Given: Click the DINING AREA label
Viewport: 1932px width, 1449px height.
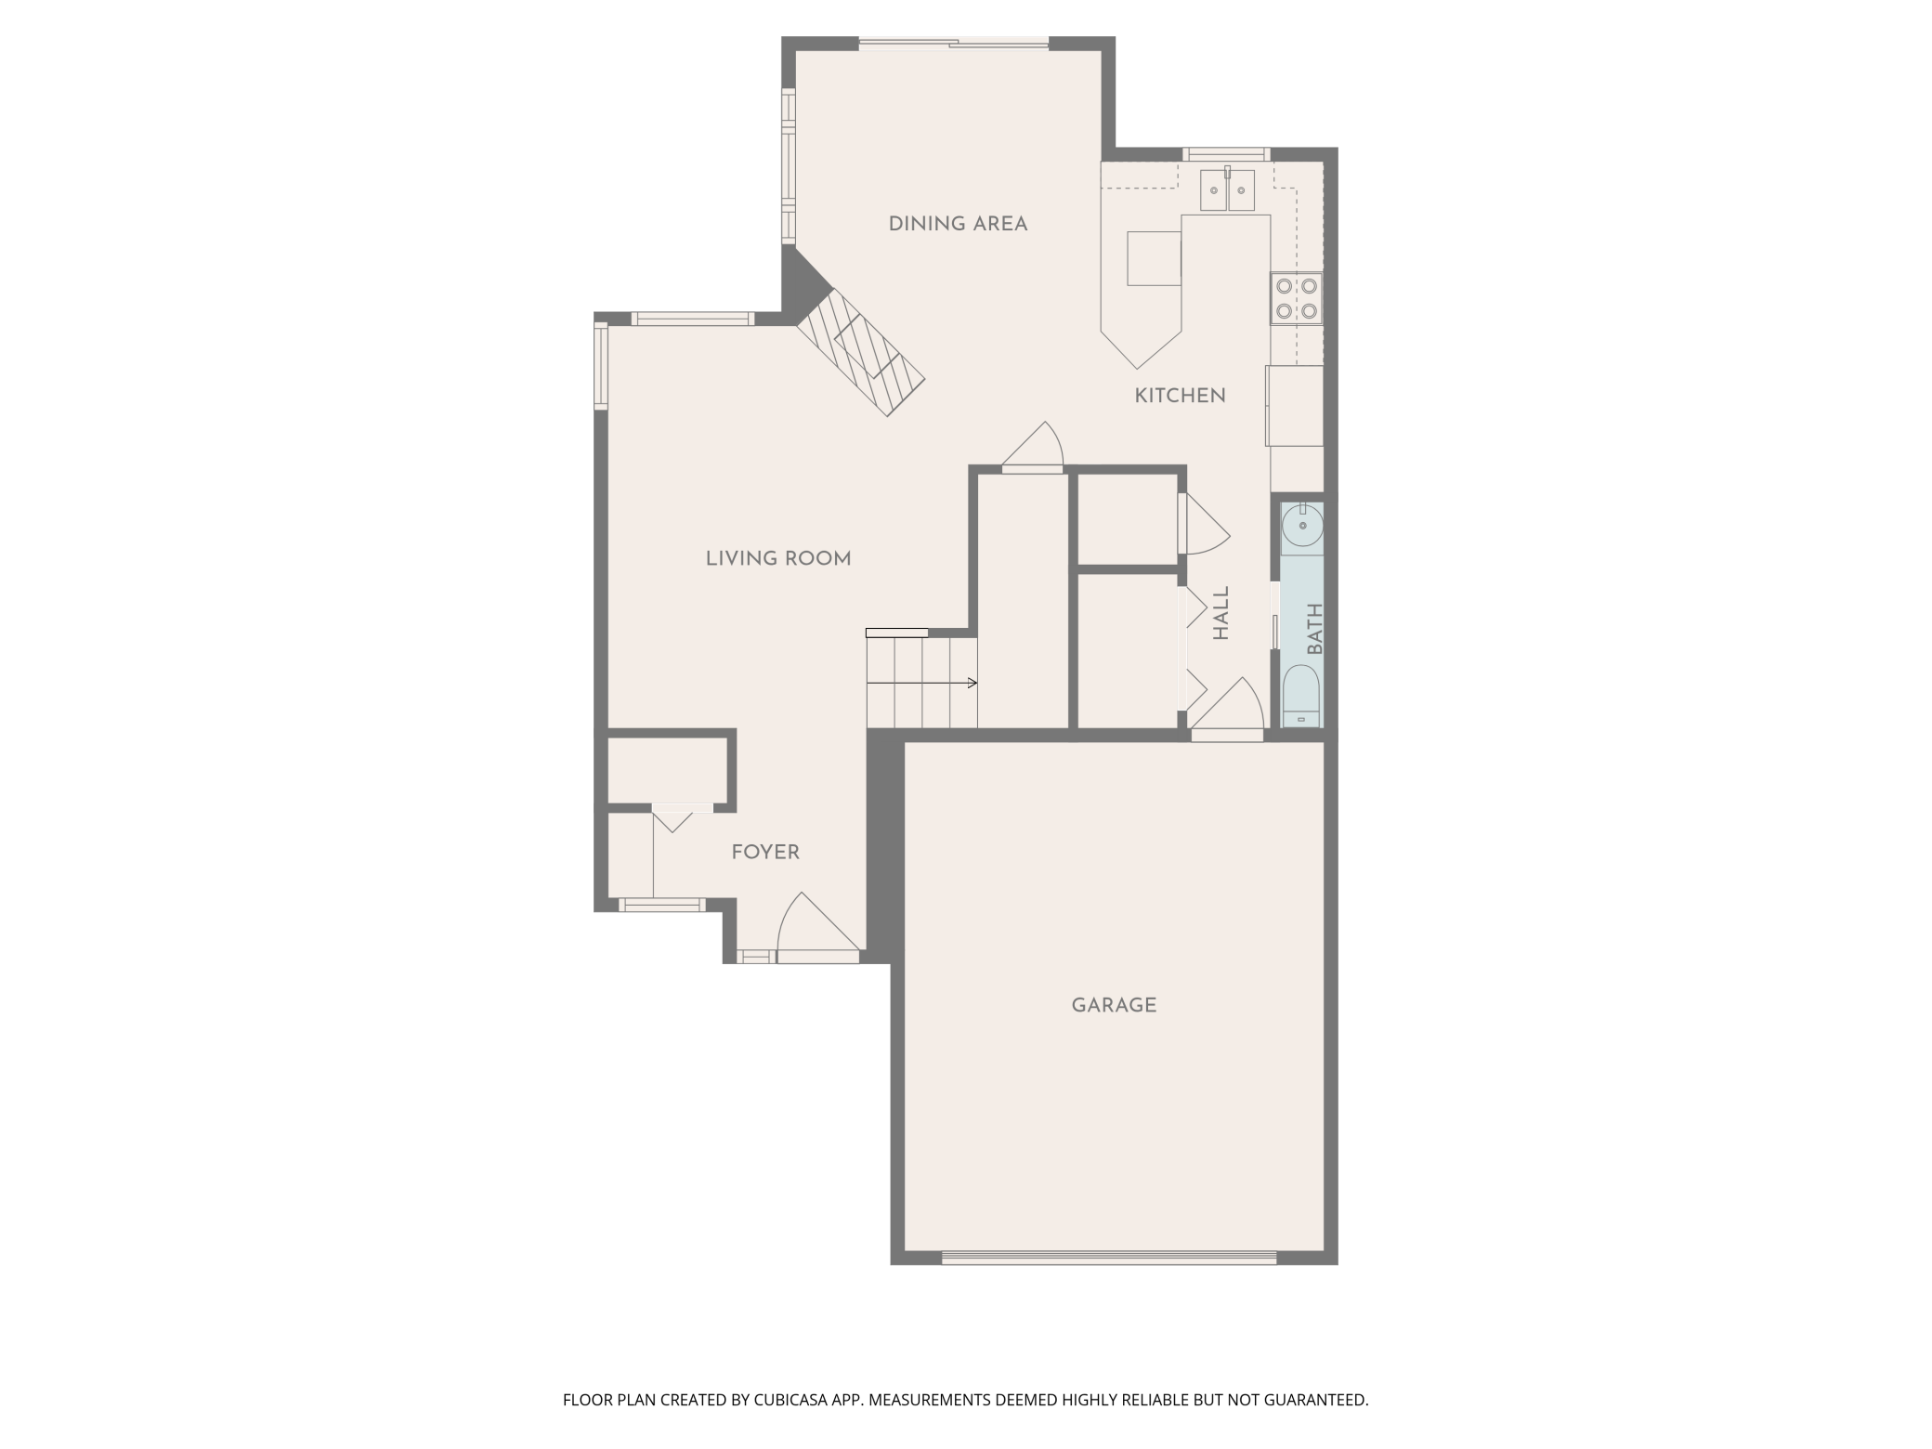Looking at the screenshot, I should coord(958,224).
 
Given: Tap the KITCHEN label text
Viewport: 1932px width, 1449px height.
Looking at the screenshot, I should coord(1180,396).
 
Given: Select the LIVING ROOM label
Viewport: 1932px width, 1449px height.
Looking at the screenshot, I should coord(777,558).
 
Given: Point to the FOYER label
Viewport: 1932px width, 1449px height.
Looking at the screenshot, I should coord(764,852).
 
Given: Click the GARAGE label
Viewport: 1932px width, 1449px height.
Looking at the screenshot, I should coord(1114,1005).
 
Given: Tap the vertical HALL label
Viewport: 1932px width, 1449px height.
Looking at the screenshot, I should coord(1221,613).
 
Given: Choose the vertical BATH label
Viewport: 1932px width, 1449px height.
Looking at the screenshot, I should coord(1314,629).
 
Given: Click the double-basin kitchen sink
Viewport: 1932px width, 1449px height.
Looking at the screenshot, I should coord(1227,190).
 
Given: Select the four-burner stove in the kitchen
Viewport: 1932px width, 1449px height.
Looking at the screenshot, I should coord(1296,298).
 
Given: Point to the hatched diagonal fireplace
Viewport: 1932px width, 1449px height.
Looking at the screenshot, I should coord(860,352).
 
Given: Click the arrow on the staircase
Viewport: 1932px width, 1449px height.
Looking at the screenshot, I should coord(971,684).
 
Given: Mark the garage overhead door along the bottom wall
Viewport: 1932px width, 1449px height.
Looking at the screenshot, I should coord(1109,1258).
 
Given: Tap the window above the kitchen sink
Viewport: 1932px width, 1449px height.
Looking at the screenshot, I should coord(1226,154).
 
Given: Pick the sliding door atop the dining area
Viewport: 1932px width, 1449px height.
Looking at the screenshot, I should coord(954,43).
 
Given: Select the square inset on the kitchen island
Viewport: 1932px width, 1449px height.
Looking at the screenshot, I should coord(1154,258).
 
